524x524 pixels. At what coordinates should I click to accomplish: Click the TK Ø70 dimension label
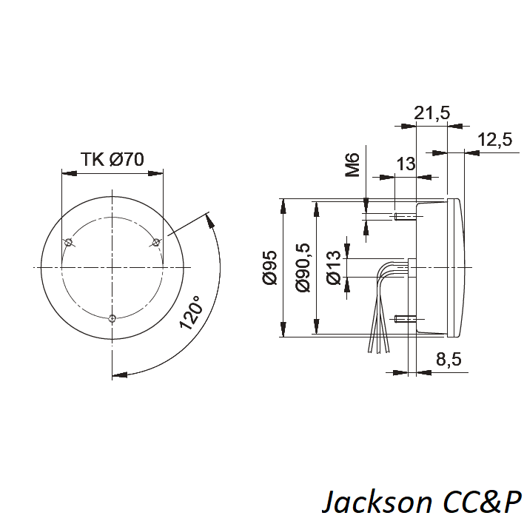(x=112, y=159)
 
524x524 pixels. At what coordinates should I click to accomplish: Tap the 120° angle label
(x=190, y=312)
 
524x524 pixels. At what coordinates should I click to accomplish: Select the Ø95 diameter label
(x=270, y=267)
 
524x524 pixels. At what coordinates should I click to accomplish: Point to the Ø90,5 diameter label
(x=303, y=268)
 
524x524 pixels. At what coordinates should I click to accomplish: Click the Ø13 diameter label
(x=334, y=268)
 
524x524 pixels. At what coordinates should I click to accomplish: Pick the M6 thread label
(x=352, y=165)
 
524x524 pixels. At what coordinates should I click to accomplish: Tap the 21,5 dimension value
(x=431, y=113)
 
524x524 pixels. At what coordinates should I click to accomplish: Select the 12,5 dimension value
(x=495, y=139)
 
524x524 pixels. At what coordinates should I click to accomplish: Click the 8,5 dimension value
(x=449, y=360)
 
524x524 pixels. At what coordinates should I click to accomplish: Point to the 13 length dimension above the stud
(x=406, y=164)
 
